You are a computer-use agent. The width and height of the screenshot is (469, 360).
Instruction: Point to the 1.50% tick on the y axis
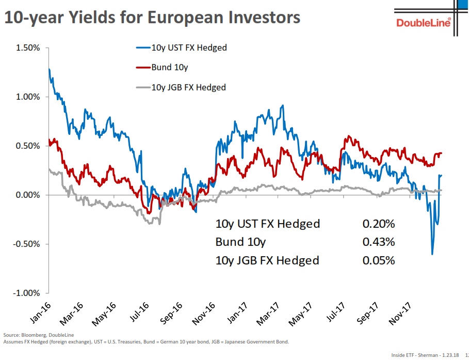(27, 48)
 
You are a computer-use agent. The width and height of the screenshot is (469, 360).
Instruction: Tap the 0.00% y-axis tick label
(27, 195)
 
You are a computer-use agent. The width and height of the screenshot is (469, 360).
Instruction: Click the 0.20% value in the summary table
(378, 224)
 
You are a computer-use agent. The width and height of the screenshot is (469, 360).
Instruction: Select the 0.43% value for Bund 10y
(378, 242)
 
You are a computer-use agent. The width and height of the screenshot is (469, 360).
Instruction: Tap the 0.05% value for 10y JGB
(378, 260)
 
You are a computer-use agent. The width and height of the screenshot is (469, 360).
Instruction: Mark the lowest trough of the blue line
(432, 254)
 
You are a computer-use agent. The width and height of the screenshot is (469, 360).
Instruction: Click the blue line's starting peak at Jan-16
(49, 69)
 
